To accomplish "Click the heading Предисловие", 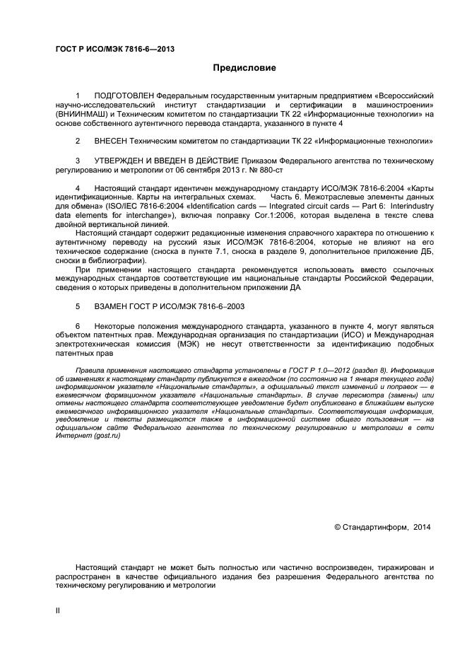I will coord(244,68).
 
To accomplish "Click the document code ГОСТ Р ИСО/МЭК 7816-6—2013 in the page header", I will coord(114,49).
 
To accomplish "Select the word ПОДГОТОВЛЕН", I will coord(124,95).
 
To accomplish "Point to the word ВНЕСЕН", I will coord(111,141).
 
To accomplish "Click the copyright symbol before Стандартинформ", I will coord(337,527).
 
